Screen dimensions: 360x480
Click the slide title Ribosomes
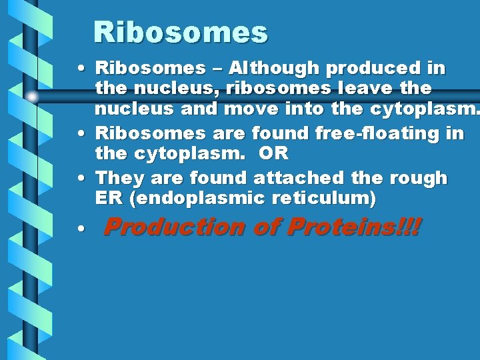180,32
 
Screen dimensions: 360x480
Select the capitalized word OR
273,153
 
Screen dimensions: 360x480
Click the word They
121,178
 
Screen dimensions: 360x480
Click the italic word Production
175,227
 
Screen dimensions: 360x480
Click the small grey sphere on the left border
32,97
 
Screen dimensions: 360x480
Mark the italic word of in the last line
267,227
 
